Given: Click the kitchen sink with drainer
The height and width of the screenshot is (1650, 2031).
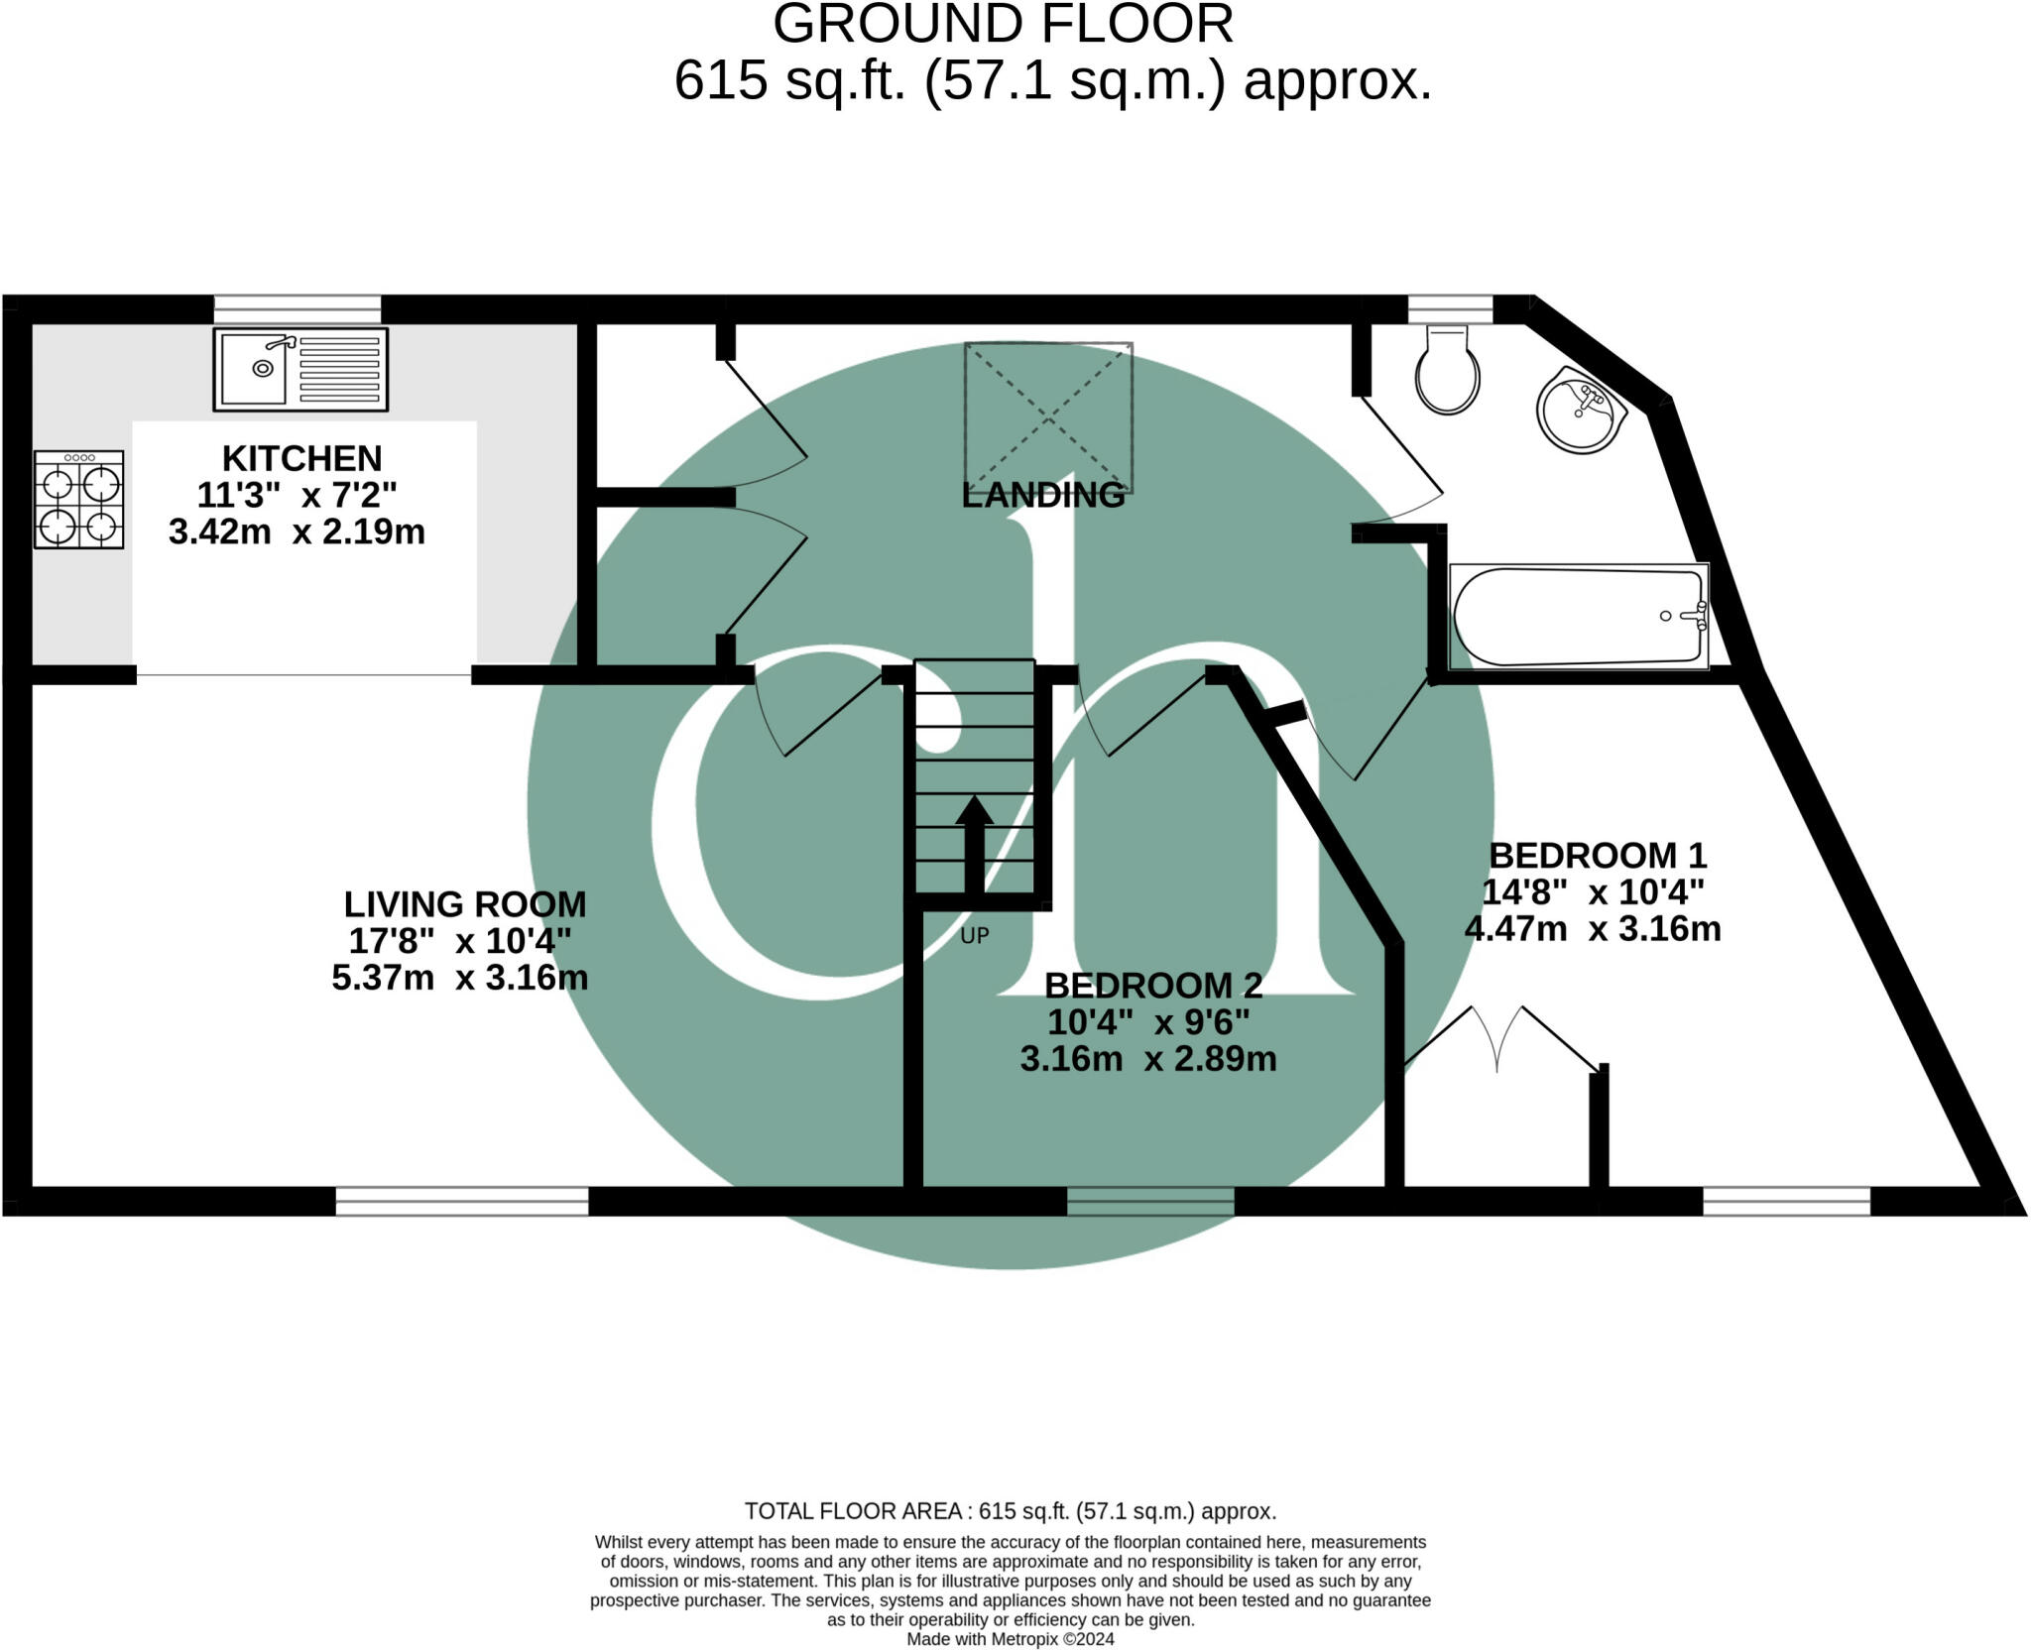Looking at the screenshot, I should click(x=299, y=369).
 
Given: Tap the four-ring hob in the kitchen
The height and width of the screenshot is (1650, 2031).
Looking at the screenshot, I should click(x=79, y=500).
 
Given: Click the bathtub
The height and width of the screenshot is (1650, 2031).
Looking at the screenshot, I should click(x=1578, y=616).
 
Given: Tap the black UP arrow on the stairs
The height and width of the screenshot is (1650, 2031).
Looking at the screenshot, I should click(x=974, y=844).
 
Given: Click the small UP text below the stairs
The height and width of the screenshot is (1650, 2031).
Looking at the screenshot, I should click(x=974, y=936).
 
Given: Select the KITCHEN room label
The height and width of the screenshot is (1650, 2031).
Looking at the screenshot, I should click(x=301, y=458).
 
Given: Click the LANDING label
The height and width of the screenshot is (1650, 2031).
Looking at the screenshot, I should click(x=1043, y=495).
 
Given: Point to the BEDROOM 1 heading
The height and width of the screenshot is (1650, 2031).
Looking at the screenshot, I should click(x=1597, y=855).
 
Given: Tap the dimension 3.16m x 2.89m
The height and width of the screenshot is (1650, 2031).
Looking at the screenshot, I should click(x=1147, y=1059).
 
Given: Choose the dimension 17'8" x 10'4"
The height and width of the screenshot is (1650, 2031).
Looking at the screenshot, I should click(x=459, y=940).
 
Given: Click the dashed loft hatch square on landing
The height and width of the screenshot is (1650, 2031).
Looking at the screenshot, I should click(x=1048, y=417).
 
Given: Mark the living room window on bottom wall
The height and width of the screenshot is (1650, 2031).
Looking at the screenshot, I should click(x=462, y=1201).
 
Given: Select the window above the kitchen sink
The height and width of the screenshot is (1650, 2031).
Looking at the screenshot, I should click(x=298, y=308).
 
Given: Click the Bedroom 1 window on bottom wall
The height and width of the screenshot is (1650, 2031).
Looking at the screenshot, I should click(x=1786, y=1201).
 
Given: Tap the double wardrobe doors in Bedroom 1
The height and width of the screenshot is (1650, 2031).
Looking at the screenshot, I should click(x=1497, y=1041).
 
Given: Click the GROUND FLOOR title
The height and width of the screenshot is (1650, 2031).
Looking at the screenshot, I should click(x=1003, y=24).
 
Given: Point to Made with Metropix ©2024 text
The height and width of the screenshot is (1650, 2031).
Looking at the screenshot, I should click(x=1010, y=1639).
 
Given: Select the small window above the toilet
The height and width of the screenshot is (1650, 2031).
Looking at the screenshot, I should click(x=1450, y=308).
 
